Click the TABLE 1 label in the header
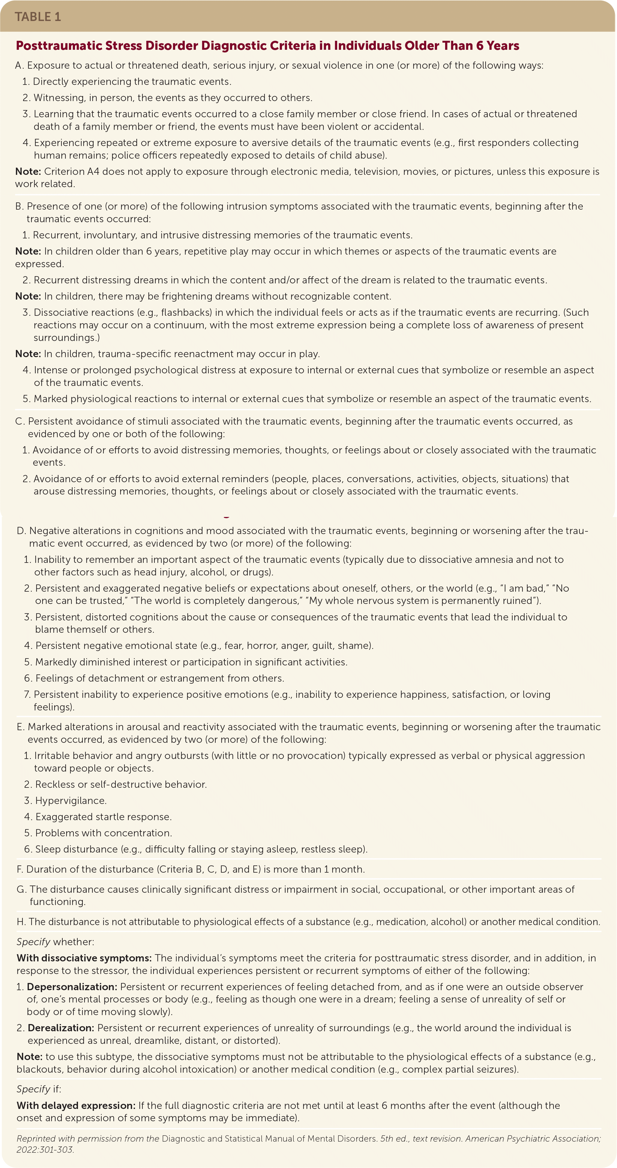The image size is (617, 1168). pyautogui.click(x=38, y=17)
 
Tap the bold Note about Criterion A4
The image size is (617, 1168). pyautogui.click(x=28, y=172)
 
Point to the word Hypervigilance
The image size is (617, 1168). pyautogui.click(x=71, y=800)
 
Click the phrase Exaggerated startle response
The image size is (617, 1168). pyautogui.click(x=103, y=817)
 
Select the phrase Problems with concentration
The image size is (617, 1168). pyautogui.click(x=103, y=833)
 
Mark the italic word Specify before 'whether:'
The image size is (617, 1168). pyautogui.click(x=33, y=942)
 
